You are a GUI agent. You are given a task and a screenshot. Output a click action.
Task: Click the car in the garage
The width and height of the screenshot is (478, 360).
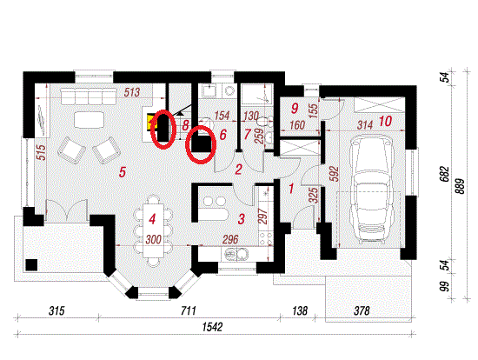click(370, 190)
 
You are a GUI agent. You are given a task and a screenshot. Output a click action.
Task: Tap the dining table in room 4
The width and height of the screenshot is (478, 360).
click(153, 230)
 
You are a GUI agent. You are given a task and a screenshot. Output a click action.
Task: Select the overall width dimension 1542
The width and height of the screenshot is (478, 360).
click(212, 327)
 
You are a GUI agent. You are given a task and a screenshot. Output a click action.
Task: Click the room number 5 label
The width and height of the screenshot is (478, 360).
click(123, 172)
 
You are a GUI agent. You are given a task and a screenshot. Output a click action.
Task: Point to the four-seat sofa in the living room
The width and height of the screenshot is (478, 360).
click(89, 97)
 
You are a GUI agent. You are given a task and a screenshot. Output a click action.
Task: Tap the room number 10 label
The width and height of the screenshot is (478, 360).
click(385, 121)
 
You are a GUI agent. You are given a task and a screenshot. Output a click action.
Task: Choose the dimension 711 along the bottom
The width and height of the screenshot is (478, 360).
click(189, 310)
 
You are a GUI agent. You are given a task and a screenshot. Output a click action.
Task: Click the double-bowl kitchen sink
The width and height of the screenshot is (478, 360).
click(236, 254)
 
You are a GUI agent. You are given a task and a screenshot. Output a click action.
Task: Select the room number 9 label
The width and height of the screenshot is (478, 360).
click(295, 108)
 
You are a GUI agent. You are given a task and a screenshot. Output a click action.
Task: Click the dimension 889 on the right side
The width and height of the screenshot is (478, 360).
click(461, 186)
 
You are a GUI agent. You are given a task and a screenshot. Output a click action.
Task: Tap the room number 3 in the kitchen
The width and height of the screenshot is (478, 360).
click(241, 219)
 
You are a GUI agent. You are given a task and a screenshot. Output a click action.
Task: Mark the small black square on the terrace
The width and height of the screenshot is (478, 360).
click(31, 265)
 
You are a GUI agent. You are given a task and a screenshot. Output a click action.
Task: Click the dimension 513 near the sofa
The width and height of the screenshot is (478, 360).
click(132, 92)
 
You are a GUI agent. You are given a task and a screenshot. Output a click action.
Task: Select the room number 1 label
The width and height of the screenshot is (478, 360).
click(291, 189)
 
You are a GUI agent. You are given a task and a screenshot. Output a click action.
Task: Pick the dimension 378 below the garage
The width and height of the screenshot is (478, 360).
click(362, 310)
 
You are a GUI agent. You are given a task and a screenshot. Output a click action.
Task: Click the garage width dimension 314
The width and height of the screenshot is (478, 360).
click(365, 124)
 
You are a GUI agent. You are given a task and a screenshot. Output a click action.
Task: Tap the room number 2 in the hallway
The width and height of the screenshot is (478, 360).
click(238, 170)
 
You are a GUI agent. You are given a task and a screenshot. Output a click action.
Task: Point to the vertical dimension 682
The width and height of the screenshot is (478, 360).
click(446, 174)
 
